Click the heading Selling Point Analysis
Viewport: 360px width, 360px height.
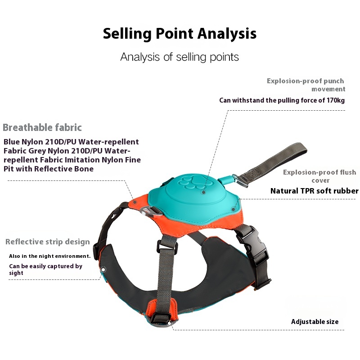tap(180, 34)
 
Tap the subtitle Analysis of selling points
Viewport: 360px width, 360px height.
tap(180, 57)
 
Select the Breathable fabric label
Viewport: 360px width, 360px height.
tap(42, 127)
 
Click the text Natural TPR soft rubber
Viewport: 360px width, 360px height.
tap(314, 191)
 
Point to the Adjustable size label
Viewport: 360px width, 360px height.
tap(315, 322)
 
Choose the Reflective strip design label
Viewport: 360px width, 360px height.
tap(48, 242)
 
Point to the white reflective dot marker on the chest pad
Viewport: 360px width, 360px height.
tap(103, 269)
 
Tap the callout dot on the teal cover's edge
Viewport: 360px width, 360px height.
tap(233, 209)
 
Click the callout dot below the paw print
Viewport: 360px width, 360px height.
tap(203, 192)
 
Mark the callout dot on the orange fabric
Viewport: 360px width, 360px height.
tap(135, 202)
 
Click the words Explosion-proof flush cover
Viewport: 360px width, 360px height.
tap(320, 176)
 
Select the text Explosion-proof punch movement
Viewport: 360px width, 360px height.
tap(306, 85)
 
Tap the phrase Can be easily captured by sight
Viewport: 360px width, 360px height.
tap(45, 270)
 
